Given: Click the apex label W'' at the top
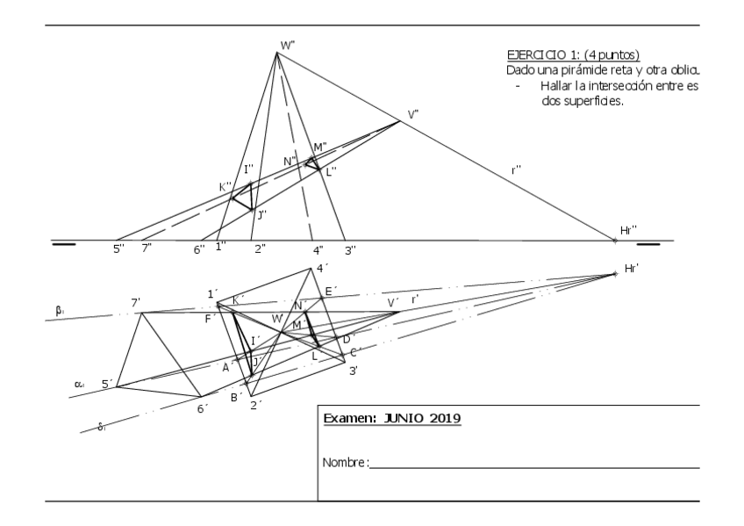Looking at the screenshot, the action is [287, 44].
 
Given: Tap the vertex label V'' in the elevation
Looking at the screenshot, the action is [412, 114].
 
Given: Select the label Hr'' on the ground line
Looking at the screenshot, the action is [628, 229].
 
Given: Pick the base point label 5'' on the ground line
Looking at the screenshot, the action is [118, 249].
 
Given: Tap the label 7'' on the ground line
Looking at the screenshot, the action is [147, 249].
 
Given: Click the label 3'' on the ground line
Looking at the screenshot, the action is [349, 250].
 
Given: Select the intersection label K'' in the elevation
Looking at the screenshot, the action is [225, 186].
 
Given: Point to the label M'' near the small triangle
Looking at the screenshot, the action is [320, 146].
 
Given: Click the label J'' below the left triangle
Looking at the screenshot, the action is [261, 213].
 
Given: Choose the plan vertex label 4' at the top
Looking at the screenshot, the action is [321, 268].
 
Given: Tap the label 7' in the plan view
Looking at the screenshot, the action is [136, 303].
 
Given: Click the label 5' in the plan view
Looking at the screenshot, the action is [107, 384].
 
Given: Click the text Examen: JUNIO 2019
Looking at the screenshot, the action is [392, 418].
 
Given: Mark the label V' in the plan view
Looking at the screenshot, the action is [393, 302].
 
